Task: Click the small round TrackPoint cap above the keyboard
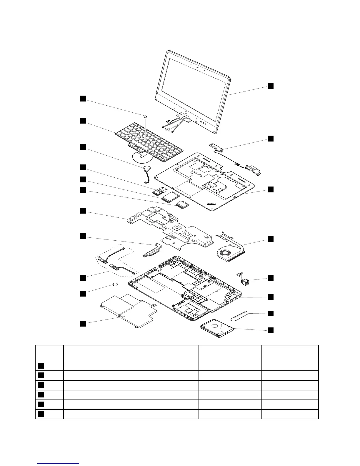coord(145,116)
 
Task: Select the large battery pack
coord(126,310)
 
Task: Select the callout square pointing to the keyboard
coord(83,121)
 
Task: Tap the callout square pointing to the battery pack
coord(83,324)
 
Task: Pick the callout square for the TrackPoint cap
coord(83,98)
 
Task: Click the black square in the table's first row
coord(41,366)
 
